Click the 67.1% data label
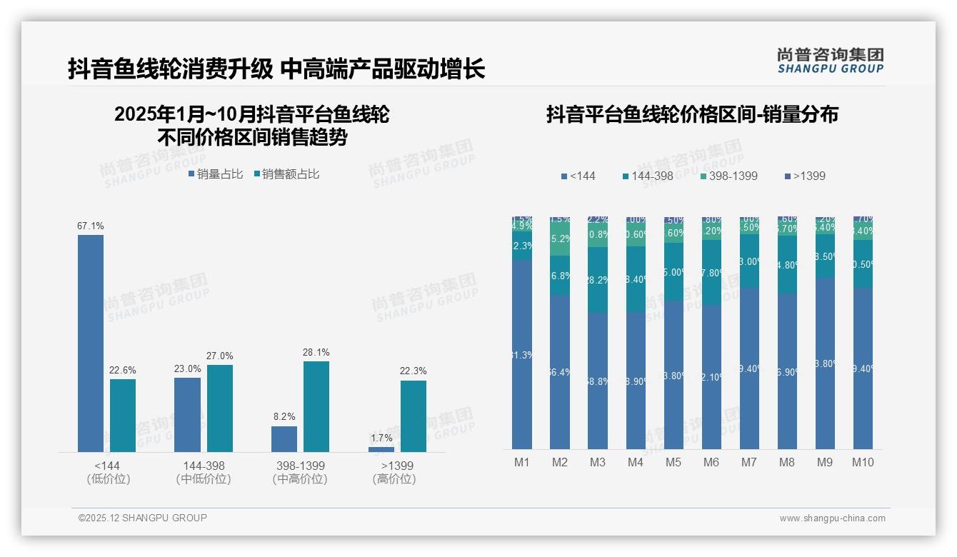91,226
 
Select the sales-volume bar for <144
91,343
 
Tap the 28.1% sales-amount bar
316,406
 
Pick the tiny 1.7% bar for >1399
381,449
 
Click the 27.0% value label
220,356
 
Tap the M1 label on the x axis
522,462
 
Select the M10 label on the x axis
863,462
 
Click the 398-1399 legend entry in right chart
728,176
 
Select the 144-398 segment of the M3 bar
598,280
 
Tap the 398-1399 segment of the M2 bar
560,239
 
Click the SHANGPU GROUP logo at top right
831,61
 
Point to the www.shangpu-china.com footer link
832,518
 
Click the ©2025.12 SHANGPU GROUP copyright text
143,518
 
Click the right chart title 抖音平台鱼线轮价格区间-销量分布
692,114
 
